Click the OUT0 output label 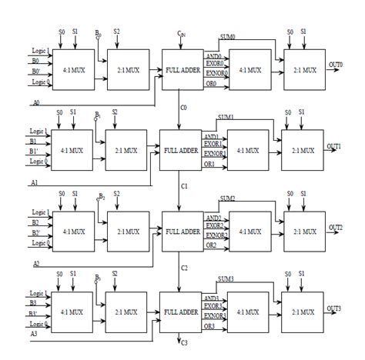coord(335,65)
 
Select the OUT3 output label coord(335,308)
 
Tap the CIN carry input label coord(181,35)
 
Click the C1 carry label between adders coord(186,185)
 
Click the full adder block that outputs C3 coord(181,312)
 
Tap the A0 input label coord(36,101)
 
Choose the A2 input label coord(36,262)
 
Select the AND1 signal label coord(212,136)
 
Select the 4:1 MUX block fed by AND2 coord(249,232)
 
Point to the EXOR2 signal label coord(213,226)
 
